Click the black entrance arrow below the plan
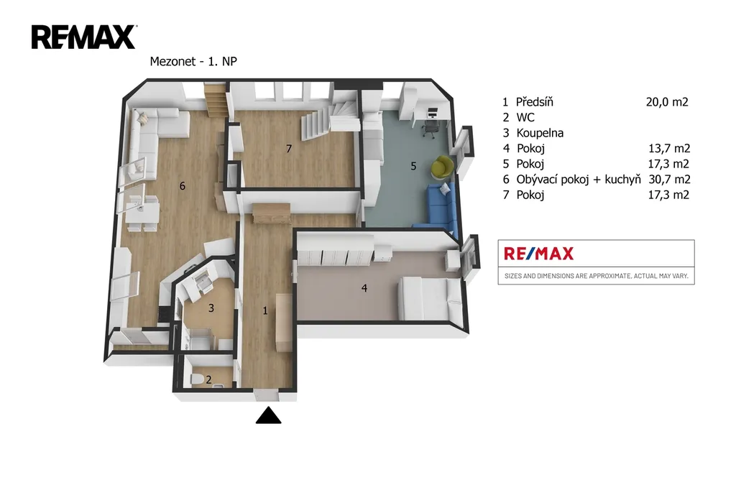click(269, 416)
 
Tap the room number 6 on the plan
click(182, 186)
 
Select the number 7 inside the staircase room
click(289, 149)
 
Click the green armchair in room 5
click(442, 167)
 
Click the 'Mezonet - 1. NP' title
click(193, 62)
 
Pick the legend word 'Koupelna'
click(540, 133)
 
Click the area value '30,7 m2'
click(669, 179)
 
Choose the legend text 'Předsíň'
click(535, 102)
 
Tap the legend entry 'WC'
click(525, 117)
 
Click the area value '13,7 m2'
click(669, 149)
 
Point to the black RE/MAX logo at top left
click(84, 37)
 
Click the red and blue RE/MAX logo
click(538, 254)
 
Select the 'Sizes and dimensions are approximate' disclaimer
click(596, 276)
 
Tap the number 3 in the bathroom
click(211, 308)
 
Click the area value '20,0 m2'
click(667, 102)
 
